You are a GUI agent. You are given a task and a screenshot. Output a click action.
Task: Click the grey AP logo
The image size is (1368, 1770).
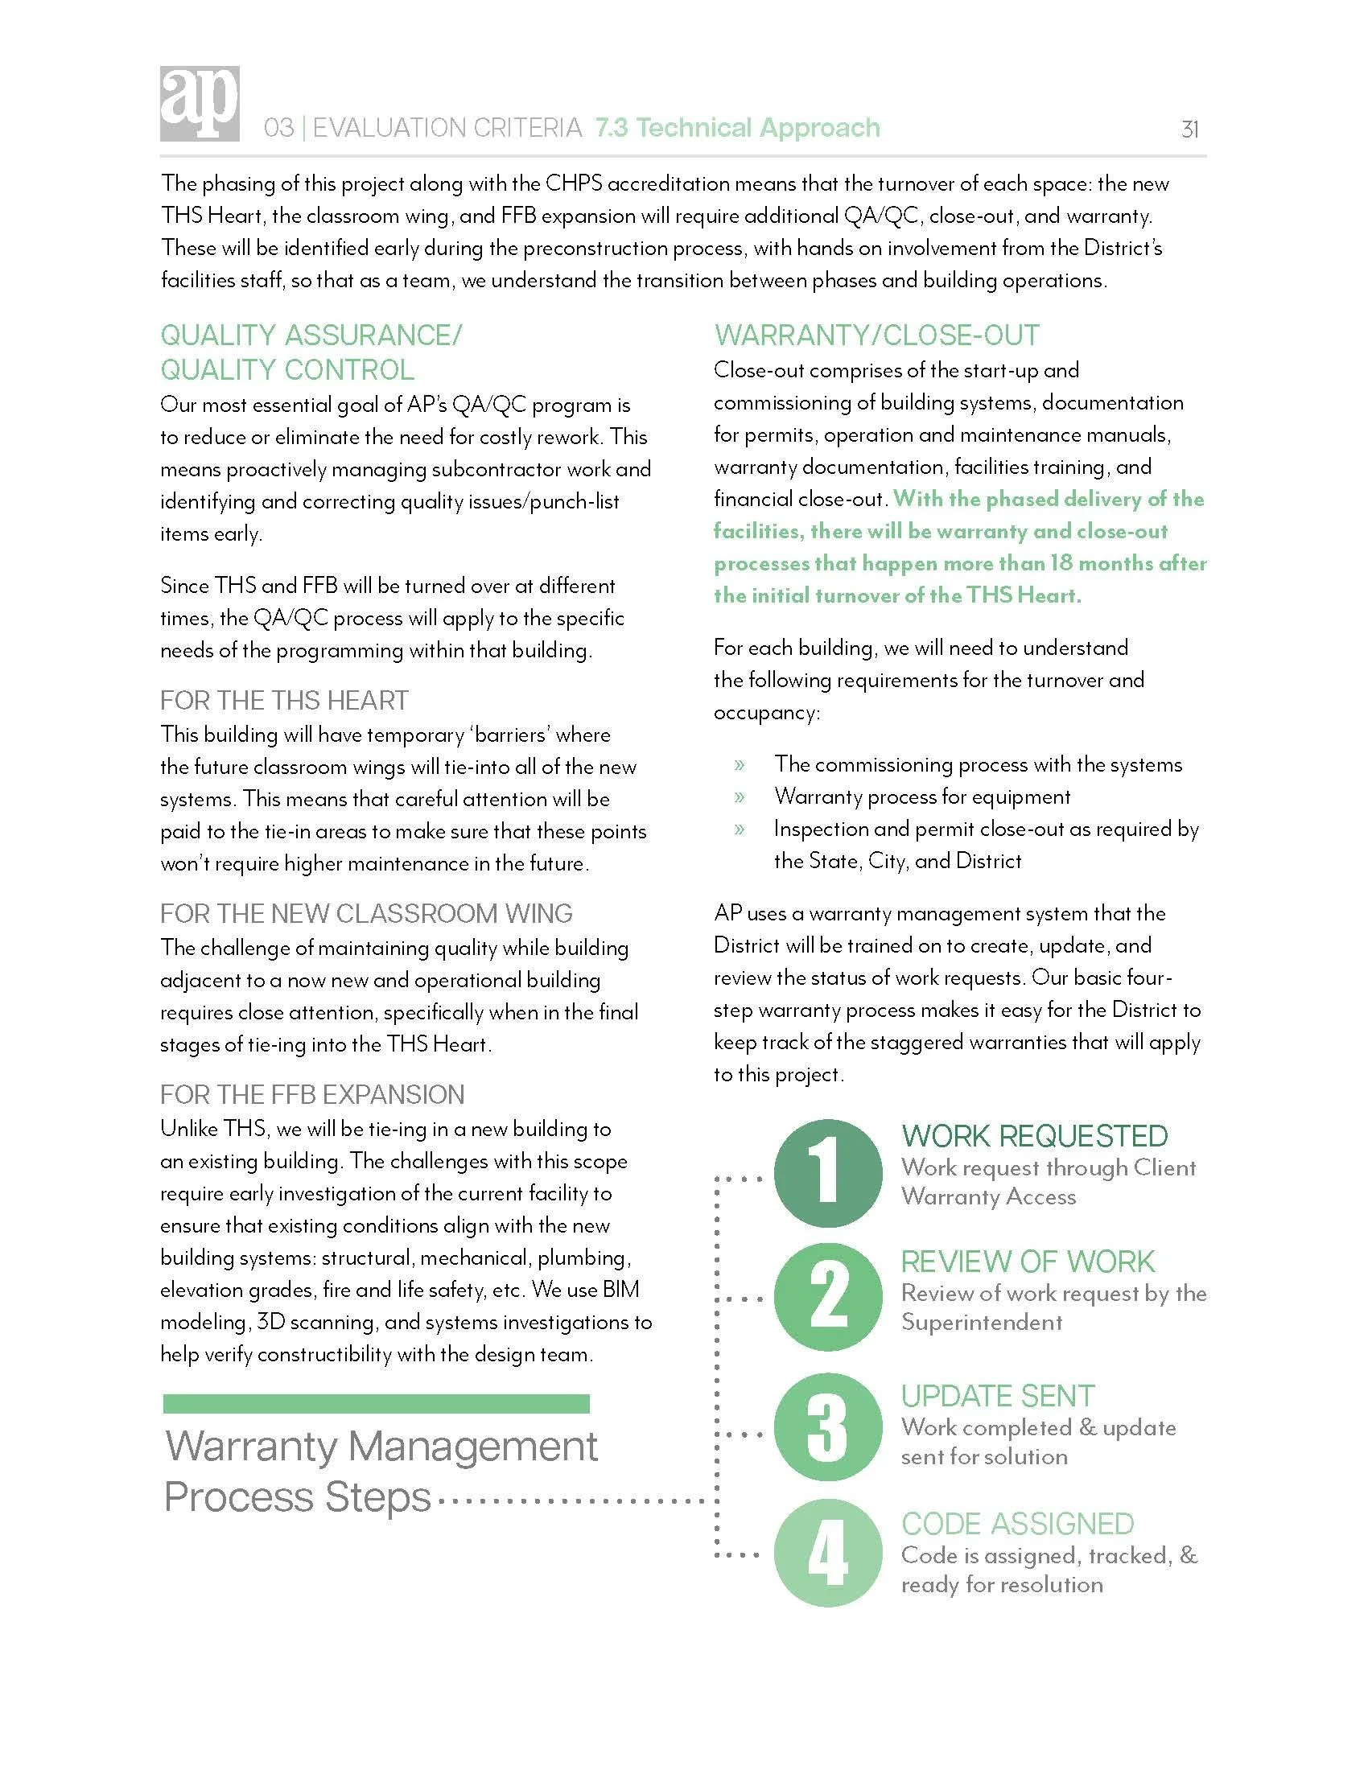[200, 104]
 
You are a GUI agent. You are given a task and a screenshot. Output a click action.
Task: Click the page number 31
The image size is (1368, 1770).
[1189, 130]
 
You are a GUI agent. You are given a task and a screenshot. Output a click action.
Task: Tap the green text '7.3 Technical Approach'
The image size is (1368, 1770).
[736, 128]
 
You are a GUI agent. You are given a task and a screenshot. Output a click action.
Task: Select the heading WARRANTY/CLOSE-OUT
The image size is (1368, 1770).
[876, 335]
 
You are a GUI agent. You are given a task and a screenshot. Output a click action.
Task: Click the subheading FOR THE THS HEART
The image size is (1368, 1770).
[283, 700]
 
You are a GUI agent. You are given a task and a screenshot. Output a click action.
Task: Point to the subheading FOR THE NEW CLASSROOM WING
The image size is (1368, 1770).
[365, 913]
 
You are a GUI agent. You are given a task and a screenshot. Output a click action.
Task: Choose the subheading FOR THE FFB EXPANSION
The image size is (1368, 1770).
[312, 1094]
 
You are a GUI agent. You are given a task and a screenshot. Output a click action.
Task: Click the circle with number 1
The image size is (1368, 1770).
[827, 1172]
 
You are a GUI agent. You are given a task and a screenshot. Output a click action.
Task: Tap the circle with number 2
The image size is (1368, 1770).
[827, 1297]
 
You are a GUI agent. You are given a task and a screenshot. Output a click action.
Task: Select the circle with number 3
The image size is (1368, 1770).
[827, 1427]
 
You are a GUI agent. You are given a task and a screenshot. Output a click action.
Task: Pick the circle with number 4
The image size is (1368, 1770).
[827, 1553]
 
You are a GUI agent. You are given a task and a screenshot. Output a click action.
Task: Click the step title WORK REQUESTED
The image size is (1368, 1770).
[1034, 1136]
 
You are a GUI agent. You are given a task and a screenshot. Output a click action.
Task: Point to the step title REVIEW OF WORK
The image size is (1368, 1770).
[1028, 1261]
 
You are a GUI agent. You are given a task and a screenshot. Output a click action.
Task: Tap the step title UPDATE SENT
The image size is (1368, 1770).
[998, 1396]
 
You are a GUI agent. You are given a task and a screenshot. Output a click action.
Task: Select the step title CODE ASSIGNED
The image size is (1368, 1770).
[1017, 1524]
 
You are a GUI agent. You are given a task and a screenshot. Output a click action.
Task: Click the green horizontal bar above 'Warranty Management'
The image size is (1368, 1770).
[376, 1403]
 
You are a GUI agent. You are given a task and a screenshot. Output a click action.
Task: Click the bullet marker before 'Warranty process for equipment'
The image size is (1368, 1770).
[739, 796]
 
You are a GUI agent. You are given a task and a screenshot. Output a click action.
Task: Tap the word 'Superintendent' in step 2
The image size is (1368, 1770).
[982, 1323]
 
